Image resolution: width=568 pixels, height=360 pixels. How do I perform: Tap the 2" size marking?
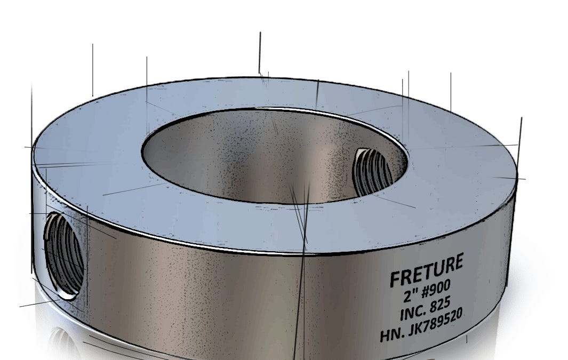click(409, 295)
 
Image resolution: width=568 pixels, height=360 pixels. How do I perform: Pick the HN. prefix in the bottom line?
click(392, 334)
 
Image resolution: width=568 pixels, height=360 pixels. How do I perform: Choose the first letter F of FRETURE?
click(395, 279)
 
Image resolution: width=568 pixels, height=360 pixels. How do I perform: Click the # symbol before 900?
click(426, 293)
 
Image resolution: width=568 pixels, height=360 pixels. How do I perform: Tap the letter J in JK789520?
click(412, 331)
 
